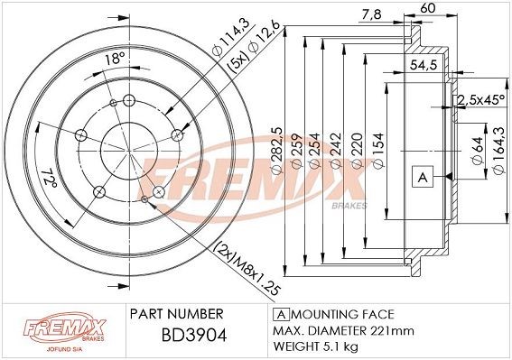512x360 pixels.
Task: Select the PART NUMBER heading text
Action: coord(176,314)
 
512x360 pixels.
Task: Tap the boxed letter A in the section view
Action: coord(421,176)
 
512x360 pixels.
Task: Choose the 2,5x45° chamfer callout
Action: coord(479,99)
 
